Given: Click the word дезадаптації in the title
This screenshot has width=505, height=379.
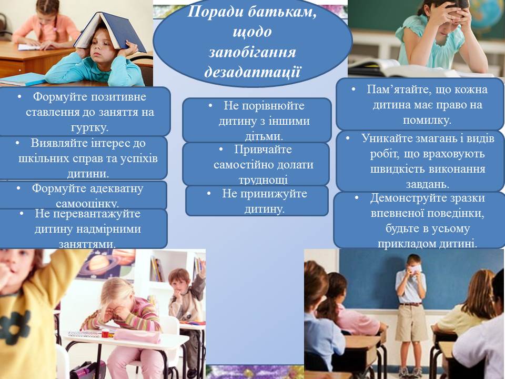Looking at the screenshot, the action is (252, 72).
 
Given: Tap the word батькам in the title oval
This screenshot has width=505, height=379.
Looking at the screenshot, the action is (282, 12).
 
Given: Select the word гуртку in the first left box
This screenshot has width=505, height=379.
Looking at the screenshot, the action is (89, 127).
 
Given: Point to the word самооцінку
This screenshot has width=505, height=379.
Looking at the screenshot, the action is (87, 203).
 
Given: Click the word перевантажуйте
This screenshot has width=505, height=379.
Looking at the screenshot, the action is (88, 214).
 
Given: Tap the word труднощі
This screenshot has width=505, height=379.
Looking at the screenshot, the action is (263, 180).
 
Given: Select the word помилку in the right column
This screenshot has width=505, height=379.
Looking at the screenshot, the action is (427, 120).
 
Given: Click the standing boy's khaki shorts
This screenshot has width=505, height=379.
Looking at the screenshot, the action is (411, 322).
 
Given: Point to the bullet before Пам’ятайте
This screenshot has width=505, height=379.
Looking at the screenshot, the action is (353, 89).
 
